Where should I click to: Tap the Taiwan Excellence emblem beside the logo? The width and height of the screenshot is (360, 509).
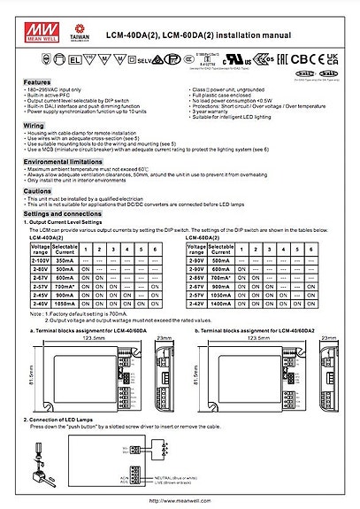tap(74, 17)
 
